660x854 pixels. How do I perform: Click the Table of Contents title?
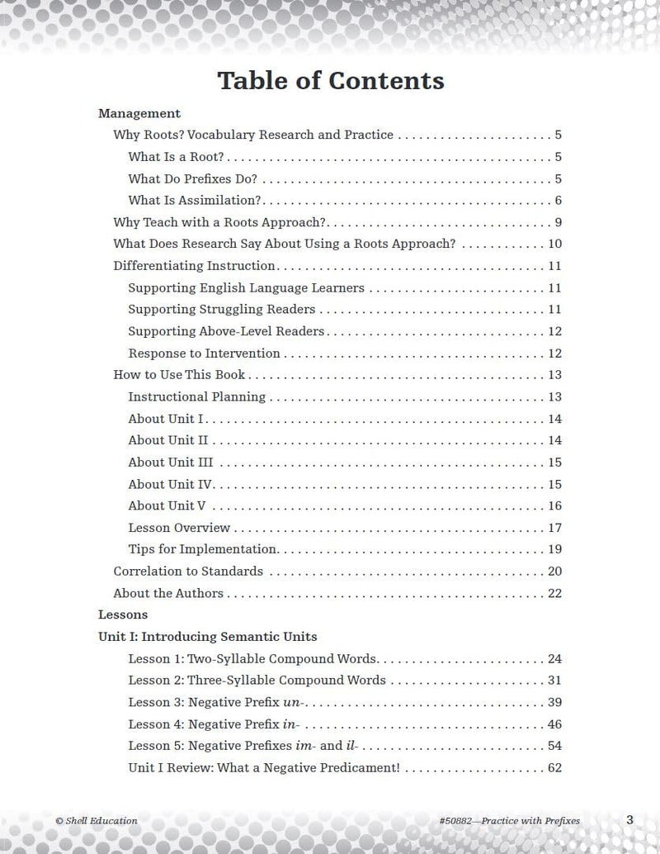330,81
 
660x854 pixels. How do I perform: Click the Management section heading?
139,113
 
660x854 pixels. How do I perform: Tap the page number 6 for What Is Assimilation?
558,201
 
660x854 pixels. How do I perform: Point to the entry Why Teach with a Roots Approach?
220,222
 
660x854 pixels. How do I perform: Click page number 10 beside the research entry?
554,244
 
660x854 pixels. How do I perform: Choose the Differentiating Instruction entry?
194,266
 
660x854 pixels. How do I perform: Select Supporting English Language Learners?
246,288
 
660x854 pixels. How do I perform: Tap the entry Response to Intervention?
204,353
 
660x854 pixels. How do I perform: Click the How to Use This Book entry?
179,375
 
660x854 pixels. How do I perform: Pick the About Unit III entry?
171,463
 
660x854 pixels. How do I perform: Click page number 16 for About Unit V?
554,506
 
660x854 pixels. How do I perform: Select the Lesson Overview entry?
179,528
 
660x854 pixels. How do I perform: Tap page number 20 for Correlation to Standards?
554,572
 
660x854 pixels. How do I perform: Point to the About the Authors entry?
168,593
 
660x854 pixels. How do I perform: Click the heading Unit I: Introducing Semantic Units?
207,637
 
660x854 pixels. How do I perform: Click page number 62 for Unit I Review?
554,767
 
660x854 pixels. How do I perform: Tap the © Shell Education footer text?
97,820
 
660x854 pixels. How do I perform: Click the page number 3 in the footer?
629,819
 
